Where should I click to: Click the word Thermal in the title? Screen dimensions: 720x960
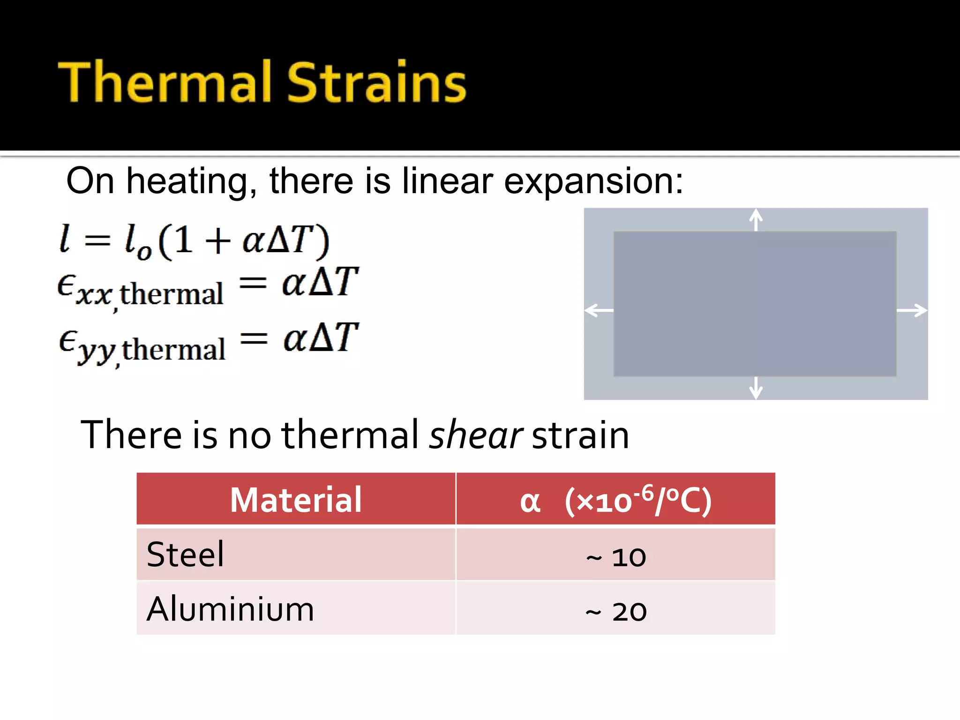point(164,82)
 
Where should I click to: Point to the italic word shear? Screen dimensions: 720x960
point(475,435)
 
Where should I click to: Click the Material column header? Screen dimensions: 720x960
point(296,500)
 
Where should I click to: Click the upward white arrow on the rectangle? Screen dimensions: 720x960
point(756,219)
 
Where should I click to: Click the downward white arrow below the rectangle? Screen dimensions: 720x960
point(756,388)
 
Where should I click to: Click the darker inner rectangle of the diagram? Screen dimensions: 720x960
point(755,304)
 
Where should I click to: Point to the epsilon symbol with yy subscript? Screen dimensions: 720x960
point(68,339)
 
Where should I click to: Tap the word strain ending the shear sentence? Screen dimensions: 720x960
point(580,435)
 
